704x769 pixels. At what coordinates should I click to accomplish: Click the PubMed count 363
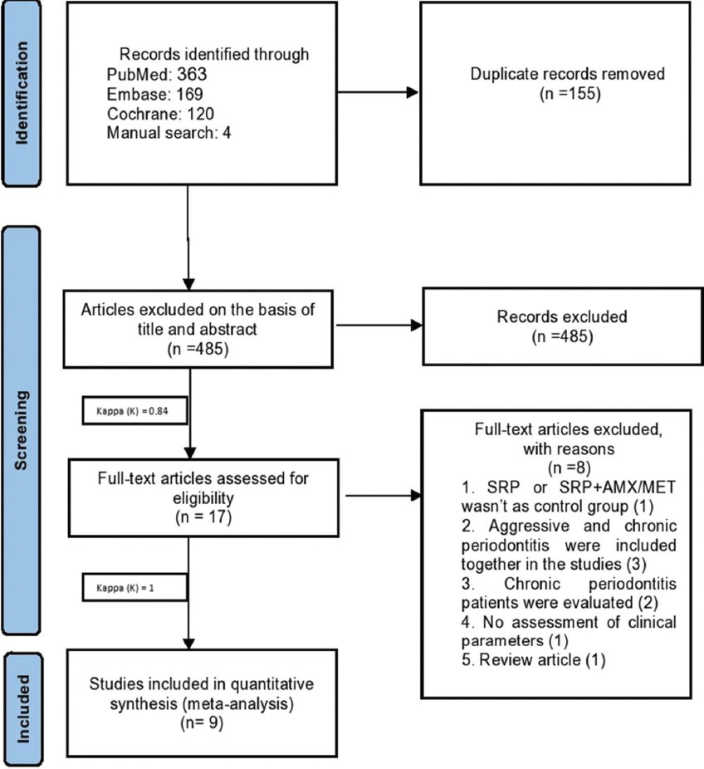point(192,74)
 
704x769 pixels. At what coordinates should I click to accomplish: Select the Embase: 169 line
point(155,94)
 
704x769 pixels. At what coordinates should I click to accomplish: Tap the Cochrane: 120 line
point(160,114)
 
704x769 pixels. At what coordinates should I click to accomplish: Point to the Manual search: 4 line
point(169,133)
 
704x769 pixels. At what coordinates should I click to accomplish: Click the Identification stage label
point(22,93)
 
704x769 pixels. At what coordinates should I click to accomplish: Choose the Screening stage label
point(21,431)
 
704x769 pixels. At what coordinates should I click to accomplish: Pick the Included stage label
point(23,708)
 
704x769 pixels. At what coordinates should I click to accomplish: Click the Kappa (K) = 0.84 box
point(134,410)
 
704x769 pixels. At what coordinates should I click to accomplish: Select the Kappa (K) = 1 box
point(134,587)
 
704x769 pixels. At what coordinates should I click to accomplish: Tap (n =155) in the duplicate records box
point(570,93)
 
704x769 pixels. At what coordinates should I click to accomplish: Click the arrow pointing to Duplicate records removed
point(378,92)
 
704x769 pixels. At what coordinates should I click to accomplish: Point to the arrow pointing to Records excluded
point(379,325)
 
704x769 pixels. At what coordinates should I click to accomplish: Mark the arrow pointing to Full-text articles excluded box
point(384,495)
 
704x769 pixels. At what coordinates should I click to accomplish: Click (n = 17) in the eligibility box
point(203,517)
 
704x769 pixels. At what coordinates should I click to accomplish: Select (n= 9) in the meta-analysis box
point(202,722)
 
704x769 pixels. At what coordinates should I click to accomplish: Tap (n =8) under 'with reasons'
point(569,468)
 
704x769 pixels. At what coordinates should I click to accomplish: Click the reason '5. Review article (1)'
point(533,660)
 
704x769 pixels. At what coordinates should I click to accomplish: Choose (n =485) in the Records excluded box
point(562,337)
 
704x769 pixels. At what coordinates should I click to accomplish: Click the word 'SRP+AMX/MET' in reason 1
point(617,487)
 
